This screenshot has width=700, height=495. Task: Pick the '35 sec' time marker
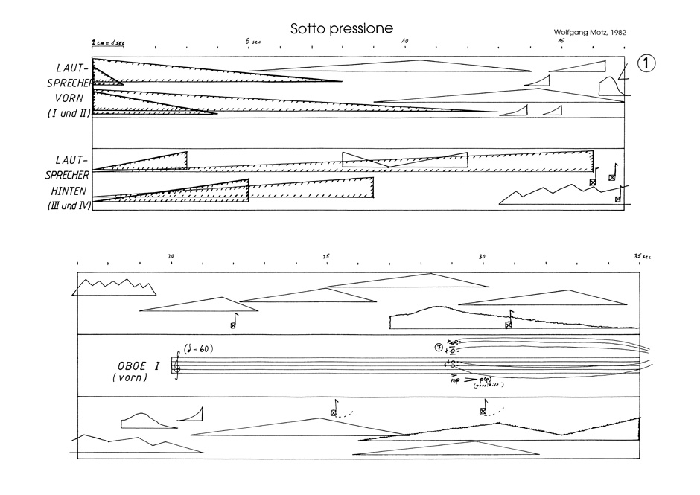click(641, 256)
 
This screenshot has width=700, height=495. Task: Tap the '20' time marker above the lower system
click(171, 256)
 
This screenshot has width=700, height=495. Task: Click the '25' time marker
click(327, 256)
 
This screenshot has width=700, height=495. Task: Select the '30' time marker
click(483, 256)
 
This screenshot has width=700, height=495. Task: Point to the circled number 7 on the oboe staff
click(439, 347)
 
